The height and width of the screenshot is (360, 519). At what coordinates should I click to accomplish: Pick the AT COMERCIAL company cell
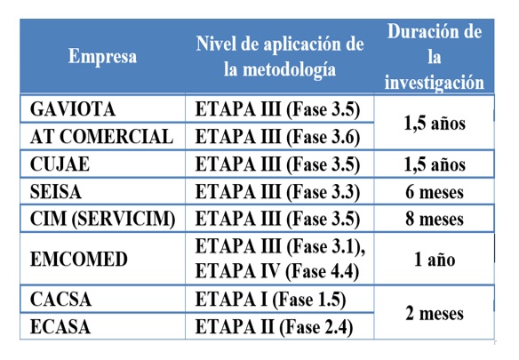[101, 137]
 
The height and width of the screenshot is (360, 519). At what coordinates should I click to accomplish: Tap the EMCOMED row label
[78, 260]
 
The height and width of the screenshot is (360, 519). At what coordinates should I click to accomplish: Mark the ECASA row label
[62, 326]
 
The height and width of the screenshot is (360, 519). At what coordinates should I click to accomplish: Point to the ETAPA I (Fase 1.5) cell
[270, 300]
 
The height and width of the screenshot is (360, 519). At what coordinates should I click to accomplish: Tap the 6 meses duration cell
[435, 191]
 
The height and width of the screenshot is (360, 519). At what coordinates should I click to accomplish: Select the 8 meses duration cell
[435, 219]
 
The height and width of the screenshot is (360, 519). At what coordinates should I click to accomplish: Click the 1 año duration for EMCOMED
[435, 260]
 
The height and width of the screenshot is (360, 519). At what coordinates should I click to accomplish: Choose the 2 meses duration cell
[435, 313]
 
